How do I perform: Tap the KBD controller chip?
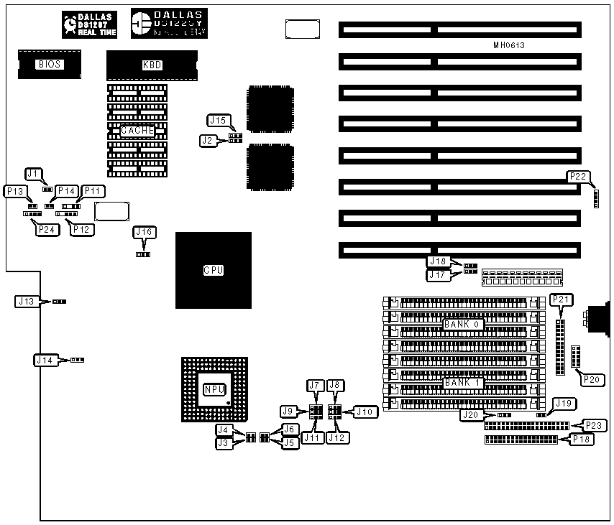[152, 65]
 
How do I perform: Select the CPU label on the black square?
[213, 271]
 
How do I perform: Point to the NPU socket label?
[214, 389]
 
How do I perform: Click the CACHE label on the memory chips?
[137, 131]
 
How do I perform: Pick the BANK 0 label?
[462, 324]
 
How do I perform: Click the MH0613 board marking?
[509, 45]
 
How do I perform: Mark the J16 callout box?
[143, 232]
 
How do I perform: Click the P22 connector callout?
[577, 176]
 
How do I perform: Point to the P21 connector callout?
[560, 299]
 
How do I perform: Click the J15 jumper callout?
[217, 120]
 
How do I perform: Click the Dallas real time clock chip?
[90, 24]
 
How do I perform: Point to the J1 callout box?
[33, 173]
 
